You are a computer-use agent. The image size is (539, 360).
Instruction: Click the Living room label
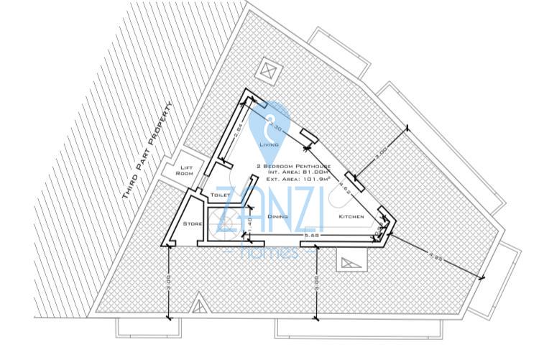[x=269, y=144]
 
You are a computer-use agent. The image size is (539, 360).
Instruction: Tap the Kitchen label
[x=351, y=216]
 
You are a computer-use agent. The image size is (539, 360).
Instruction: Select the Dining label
[x=277, y=216]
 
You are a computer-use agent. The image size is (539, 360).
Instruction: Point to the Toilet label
[x=200, y=194]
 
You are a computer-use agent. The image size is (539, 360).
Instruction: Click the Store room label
[x=192, y=224]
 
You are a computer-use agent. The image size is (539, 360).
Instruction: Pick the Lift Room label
[x=185, y=170]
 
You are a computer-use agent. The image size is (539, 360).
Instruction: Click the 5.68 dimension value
[x=311, y=234]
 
